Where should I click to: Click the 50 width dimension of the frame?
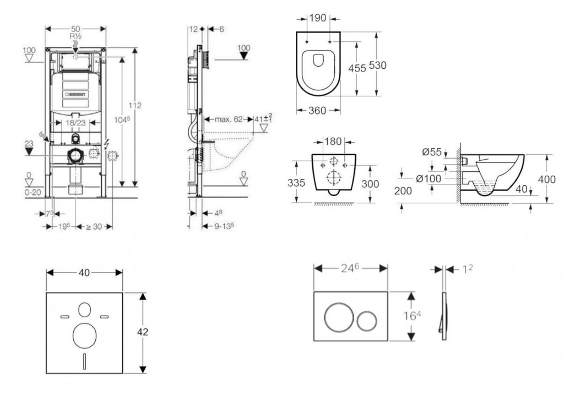(75, 28)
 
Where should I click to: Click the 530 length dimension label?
(377, 66)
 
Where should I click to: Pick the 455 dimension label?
(357, 68)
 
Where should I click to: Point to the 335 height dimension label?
(296, 182)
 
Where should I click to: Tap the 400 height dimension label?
(547, 179)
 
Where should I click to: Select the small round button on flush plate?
(366, 318)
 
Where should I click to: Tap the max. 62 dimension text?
(229, 118)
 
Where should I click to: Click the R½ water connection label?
(75, 36)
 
